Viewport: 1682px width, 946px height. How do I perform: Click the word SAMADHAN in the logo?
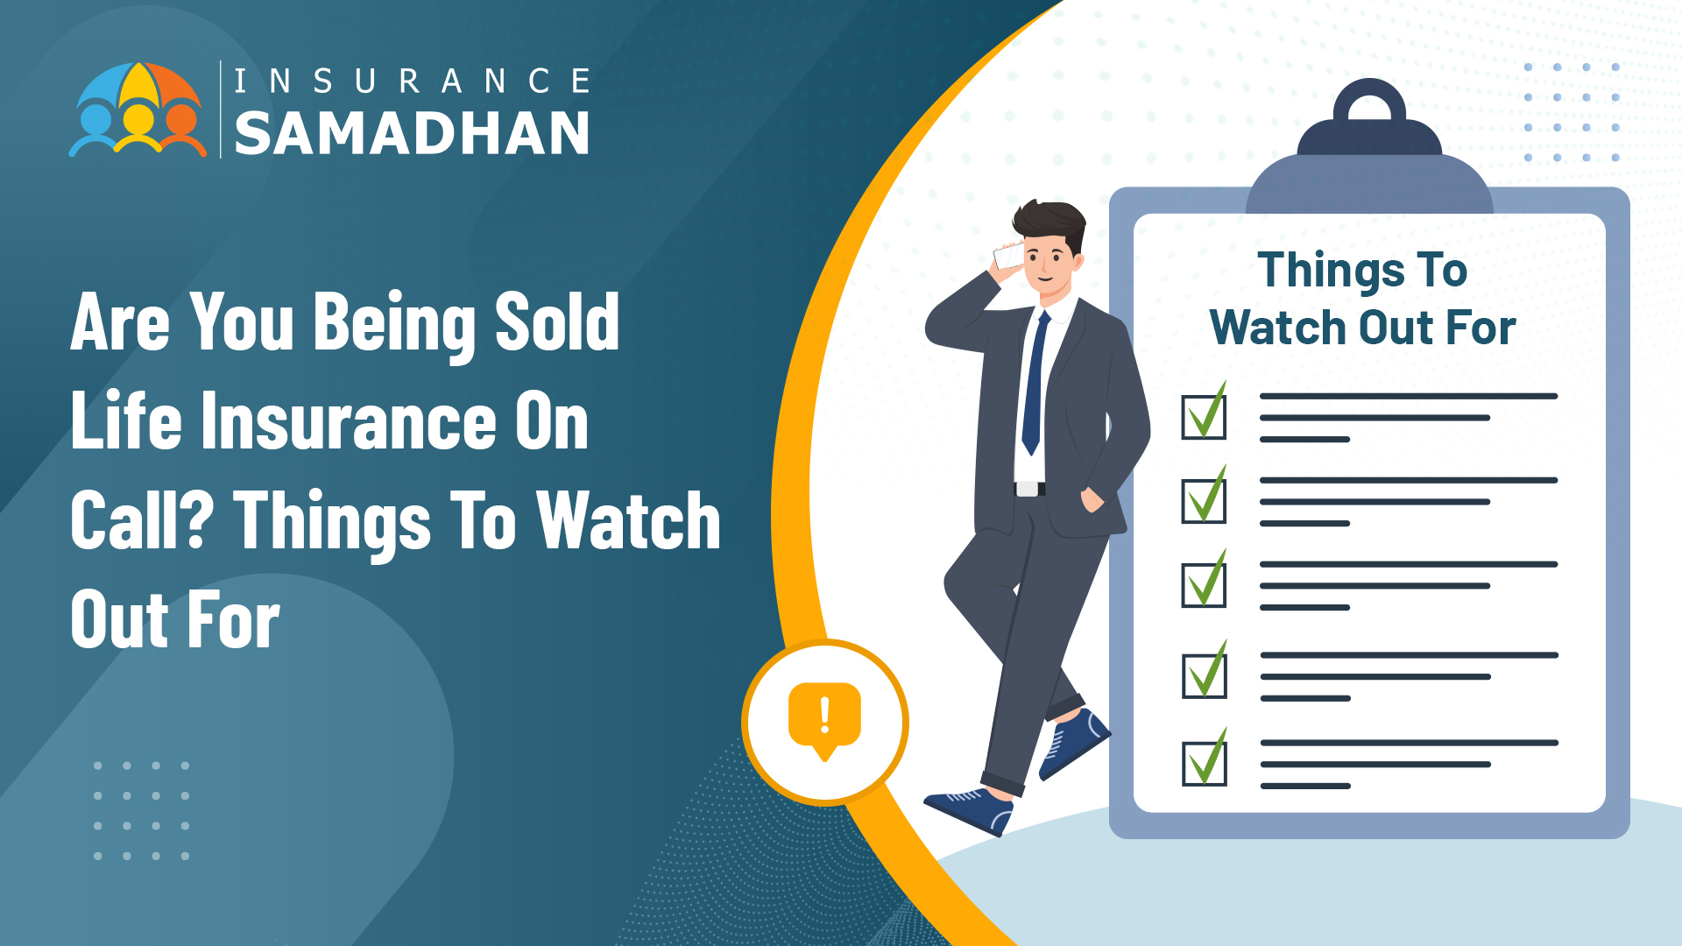coord(412,134)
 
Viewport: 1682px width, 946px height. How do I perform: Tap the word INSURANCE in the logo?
coord(412,81)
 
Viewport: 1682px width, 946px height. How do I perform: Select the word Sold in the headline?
coord(557,321)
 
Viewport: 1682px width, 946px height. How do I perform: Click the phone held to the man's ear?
coord(1009,256)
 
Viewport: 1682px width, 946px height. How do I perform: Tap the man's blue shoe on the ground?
coord(969,810)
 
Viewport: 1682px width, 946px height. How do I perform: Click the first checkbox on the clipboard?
coord(1204,413)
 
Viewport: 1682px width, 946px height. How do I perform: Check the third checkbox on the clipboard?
coord(1204,581)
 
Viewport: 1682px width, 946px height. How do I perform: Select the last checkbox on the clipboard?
coord(1205,759)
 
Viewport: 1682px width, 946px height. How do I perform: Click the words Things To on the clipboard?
coord(1362,271)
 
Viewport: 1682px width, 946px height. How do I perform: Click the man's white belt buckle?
coord(1028,489)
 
